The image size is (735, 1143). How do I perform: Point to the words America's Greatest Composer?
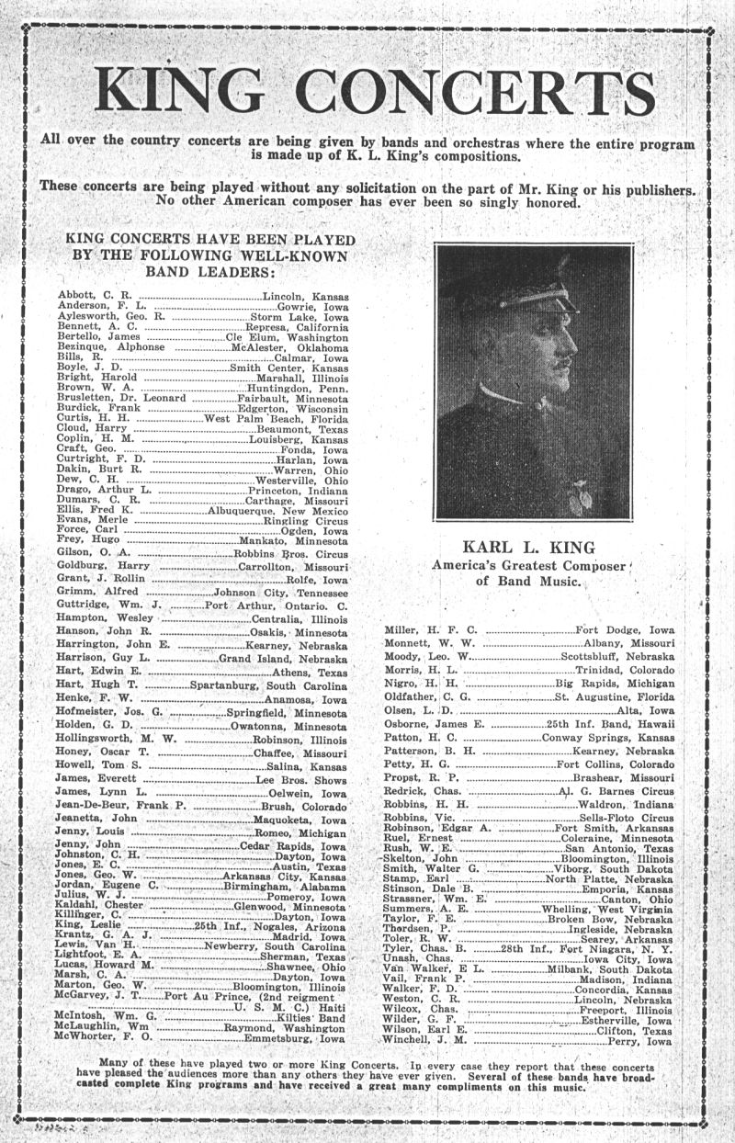click(x=528, y=566)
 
